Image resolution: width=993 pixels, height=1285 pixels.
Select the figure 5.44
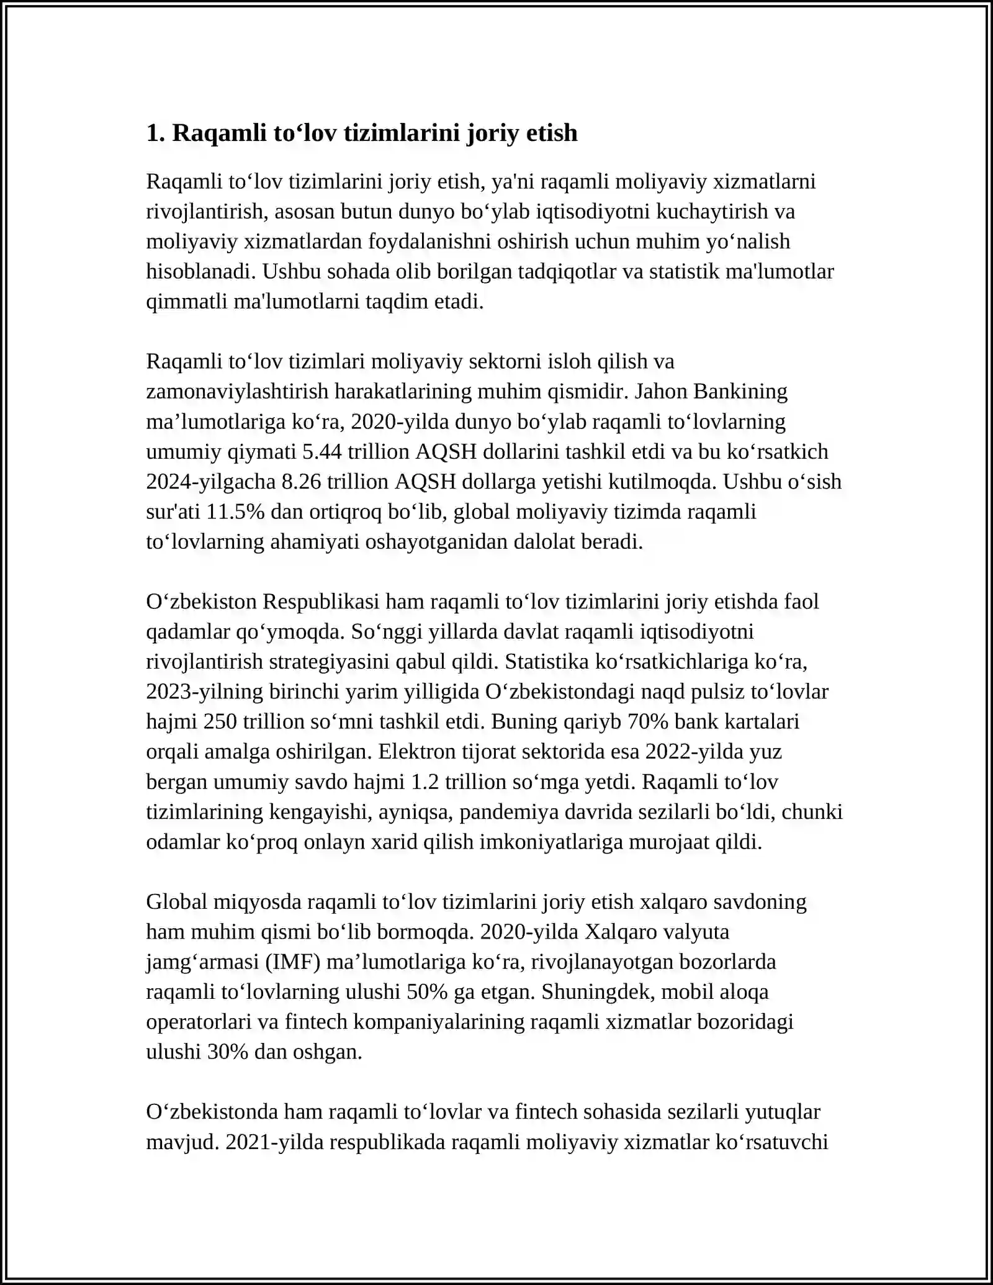321,451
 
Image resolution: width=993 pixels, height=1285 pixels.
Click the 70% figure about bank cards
649,721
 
